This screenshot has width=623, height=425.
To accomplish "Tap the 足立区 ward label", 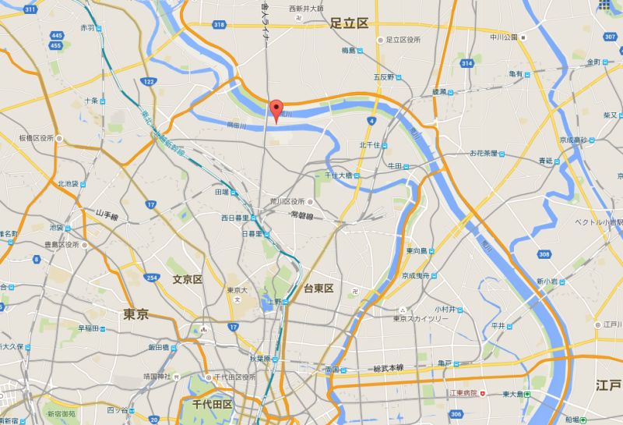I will [348, 23].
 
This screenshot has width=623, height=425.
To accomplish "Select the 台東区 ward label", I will [319, 289].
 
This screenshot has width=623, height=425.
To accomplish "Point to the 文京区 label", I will [188, 278].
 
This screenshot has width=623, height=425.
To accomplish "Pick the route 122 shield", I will [148, 81].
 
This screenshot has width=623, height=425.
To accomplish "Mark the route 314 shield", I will [466, 63].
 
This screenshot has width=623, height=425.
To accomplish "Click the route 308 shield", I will [544, 254].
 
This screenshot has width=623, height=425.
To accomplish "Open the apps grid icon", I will [605, 6].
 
